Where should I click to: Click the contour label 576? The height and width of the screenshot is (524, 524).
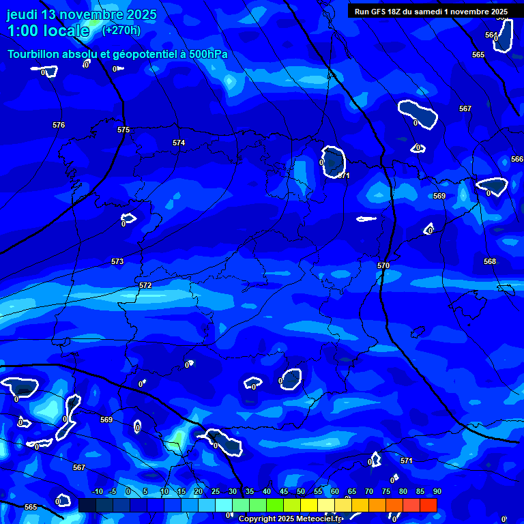coord(59,125)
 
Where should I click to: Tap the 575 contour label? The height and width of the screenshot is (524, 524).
coord(123,130)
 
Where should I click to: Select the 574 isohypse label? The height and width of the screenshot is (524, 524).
coord(179,143)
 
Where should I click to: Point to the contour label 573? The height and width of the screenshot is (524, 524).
coord(117,261)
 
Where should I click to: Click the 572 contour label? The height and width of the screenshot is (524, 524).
coord(145,285)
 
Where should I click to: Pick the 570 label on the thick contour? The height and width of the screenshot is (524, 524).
coord(383,265)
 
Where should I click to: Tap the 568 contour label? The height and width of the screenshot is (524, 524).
coord(490,261)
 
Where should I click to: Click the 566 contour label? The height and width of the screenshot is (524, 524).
coord(517,159)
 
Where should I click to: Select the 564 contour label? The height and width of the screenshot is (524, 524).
coord(491,35)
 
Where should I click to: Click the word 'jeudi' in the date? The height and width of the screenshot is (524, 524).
coord(23,14)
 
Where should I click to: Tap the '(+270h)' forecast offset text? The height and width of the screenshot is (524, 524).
coord(121,30)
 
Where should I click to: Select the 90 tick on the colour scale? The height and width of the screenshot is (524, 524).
coord(437,491)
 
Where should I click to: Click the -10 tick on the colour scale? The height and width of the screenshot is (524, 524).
coord(97,491)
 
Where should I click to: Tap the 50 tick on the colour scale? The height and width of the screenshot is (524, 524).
coord(300,491)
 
